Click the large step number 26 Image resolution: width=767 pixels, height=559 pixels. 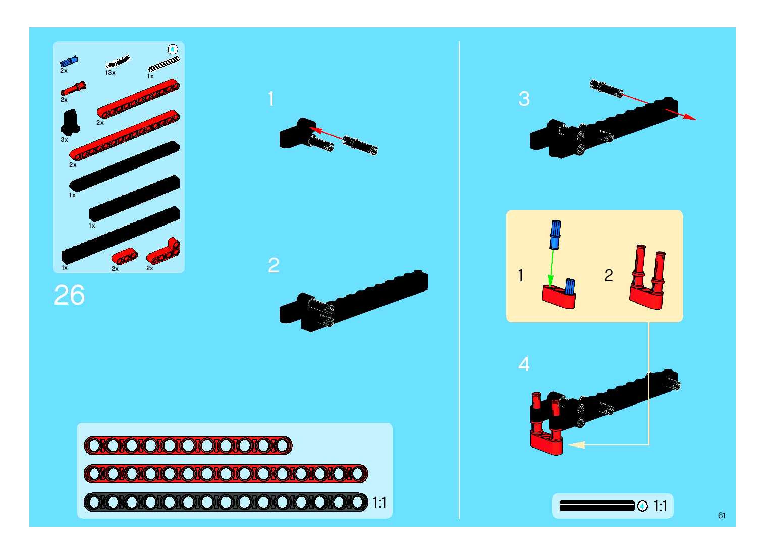tap(69, 295)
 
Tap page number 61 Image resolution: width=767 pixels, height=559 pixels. tap(721, 515)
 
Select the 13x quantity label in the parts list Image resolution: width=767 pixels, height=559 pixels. tap(110, 73)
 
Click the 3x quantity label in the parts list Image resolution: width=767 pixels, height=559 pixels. tap(64, 140)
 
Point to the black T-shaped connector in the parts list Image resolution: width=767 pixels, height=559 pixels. tap(70, 123)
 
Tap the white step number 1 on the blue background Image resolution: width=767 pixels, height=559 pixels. tap(271, 99)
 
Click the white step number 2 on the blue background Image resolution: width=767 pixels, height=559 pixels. tap(273, 265)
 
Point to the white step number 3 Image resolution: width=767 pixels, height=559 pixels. tap(524, 99)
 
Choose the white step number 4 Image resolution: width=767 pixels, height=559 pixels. tap(524, 365)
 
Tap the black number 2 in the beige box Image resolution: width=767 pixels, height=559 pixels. tap(608, 275)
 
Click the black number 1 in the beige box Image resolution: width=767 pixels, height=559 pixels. tap(521, 275)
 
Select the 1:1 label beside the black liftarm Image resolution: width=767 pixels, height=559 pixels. tap(379, 503)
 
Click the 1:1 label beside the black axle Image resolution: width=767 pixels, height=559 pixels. tap(660, 506)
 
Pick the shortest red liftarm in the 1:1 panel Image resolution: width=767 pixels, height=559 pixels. tap(188, 445)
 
